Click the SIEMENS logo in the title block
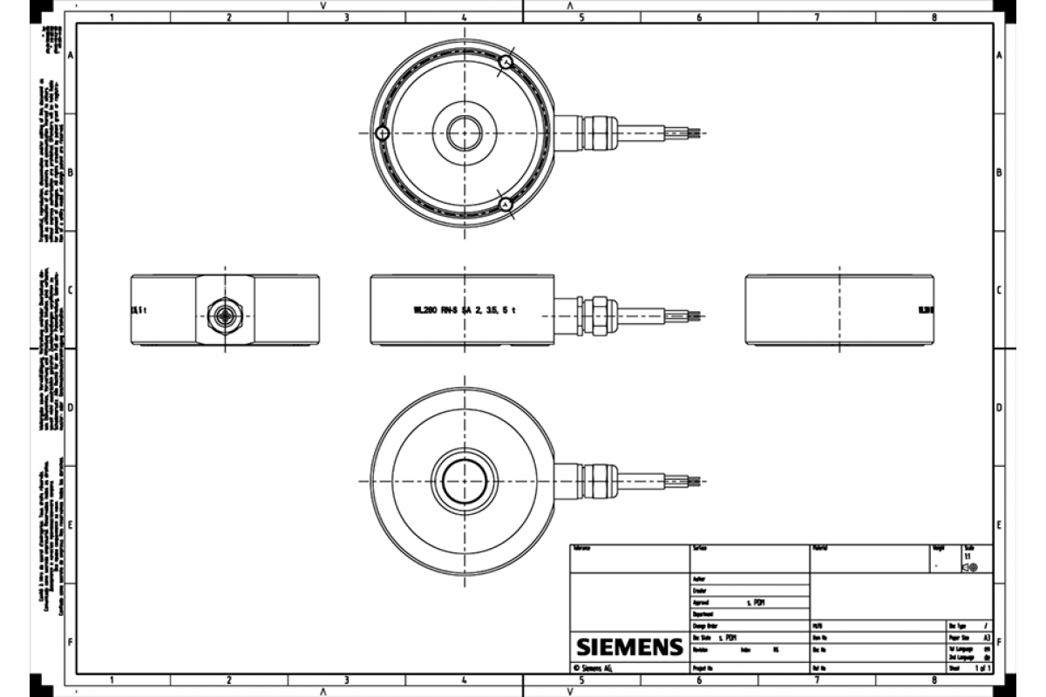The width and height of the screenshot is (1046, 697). [x=628, y=647]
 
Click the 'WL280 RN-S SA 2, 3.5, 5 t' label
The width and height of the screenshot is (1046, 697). [x=465, y=309]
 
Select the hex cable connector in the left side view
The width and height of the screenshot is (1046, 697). [x=225, y=311]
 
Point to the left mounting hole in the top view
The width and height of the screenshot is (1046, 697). [x=382, y=133]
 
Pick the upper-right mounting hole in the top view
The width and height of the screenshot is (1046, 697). [x=506, y=62]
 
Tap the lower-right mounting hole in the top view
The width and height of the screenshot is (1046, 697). [x=506, y=204]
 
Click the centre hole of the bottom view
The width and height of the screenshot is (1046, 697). [x=464, y=481]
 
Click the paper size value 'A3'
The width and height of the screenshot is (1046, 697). [x=986, y=638]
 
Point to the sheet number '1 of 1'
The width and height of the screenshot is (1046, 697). [x=982, y=668]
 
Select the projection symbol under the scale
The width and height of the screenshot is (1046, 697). [x=969, y=567]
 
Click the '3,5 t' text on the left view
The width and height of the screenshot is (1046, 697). [x=137, y=309]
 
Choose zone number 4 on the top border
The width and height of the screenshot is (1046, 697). [x=464, y=17]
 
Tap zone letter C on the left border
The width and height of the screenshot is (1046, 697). [x=70, y=290]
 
